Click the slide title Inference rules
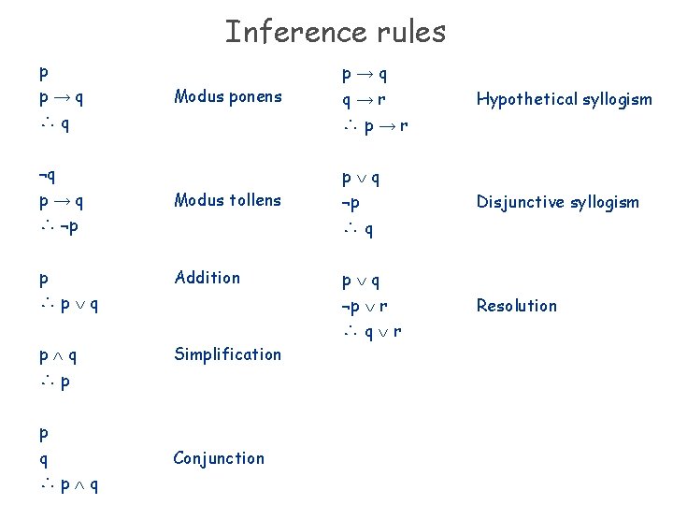click(x=336, y=32)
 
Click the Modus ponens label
click(x=227, y=96)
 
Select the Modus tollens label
click(x=227, y=199)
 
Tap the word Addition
click(x=207, y=277)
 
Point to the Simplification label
click(x=227, y=353)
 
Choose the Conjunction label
click(x=219, y=457)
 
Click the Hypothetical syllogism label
click(x=564, y=99)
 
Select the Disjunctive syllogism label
click(x=557, y=202)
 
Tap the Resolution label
click(x=516, y=305)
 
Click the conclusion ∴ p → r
click(x=374, y=123)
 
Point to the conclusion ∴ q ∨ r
click(x=371, y=330)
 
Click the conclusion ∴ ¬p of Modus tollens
click(x=58, y=226)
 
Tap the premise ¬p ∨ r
click(x=365, y=305)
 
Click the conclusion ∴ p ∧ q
click(x=70, y=484)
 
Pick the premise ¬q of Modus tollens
click(x=46, y=174)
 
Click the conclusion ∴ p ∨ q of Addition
click(x=70, y=304)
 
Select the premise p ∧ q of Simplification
click(x=58, y=355)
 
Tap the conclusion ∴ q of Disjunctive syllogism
click(x=358, y=227)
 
